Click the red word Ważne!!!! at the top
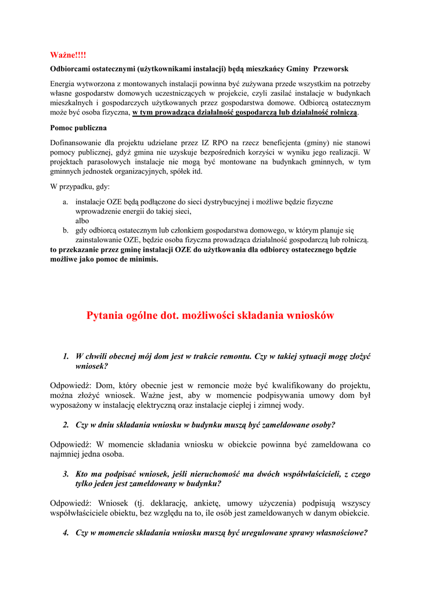tap(68, 55)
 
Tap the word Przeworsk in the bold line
tap(332, 69)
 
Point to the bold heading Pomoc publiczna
tap(78, 127)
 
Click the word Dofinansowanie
tap(78, 142)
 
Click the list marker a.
tap(66, 202)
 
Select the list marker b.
tap(66, 231)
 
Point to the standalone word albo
tap(83, 221)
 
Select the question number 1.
tap(66, 356)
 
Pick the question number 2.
tap(66, 425)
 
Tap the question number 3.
tap(66, 474)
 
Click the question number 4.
tap(66, 533)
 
